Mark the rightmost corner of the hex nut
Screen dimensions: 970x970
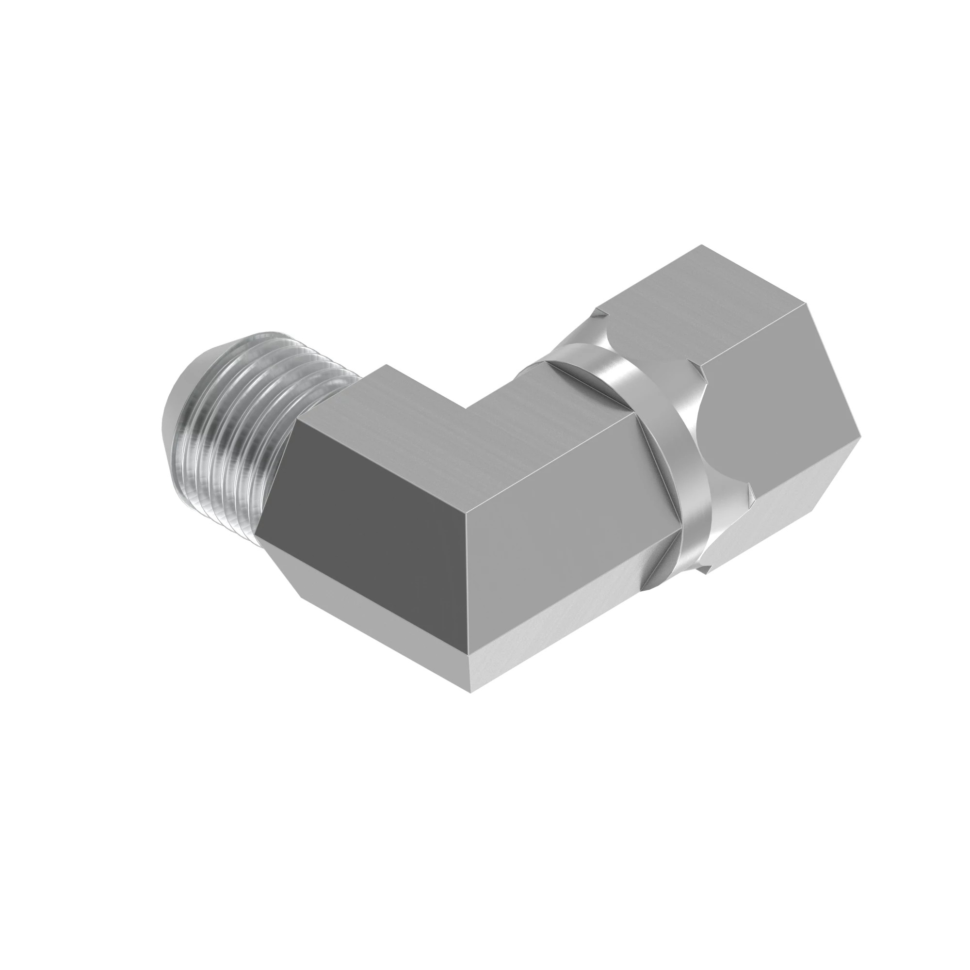[860, 431]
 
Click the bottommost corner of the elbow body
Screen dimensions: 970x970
[471, 693]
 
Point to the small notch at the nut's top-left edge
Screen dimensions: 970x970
[598, 316]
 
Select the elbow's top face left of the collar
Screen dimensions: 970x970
[542, 422]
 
